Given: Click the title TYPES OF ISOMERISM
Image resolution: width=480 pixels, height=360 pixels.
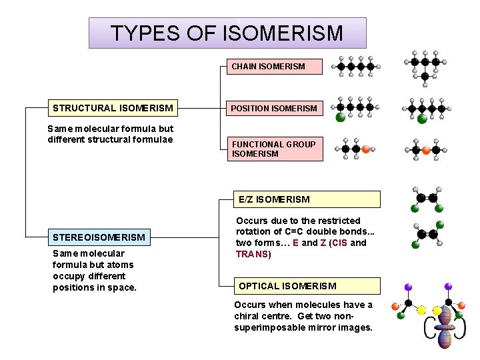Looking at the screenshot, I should [227, 33].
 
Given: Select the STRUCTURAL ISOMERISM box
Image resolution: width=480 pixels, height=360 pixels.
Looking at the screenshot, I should [113, 108].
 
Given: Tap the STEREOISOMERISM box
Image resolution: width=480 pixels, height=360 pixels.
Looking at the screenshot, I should [99, 237].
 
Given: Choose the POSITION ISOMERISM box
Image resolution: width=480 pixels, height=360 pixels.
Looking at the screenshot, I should [273, 108].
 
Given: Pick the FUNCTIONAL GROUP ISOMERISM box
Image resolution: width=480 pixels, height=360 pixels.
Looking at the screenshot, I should [273, 149].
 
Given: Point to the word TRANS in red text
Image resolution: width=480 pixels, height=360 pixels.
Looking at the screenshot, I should [251, 254].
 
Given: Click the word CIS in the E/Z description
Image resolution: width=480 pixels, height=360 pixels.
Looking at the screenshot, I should [339, 243].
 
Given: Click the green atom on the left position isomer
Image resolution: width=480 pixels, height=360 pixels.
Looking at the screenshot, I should [340, 118].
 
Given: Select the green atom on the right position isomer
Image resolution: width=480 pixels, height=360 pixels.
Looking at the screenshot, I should [421, 120].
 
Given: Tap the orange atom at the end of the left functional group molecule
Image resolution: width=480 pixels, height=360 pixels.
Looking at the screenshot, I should [365, 149].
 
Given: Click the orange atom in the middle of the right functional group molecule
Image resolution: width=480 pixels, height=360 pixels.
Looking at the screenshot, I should [426, 151].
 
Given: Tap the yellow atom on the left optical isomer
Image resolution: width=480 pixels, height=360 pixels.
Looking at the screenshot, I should [421, 310].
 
